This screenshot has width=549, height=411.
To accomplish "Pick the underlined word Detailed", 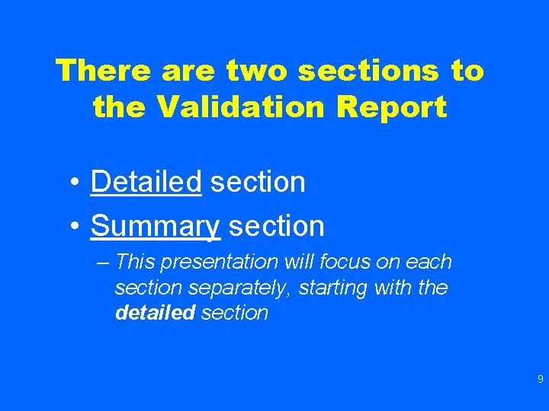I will coord(146,182).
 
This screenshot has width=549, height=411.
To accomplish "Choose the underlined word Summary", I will coord(155,225).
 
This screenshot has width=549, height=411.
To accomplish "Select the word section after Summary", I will coord(277,225).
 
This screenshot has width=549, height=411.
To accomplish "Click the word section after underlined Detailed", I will coord(258,182).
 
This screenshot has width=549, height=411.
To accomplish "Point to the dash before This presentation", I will coord(104,263).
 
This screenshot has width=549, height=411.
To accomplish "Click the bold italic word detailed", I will coord(156,313).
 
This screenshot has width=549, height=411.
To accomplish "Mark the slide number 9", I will coord(540,379).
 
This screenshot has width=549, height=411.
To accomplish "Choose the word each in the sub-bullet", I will coord(429,263).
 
